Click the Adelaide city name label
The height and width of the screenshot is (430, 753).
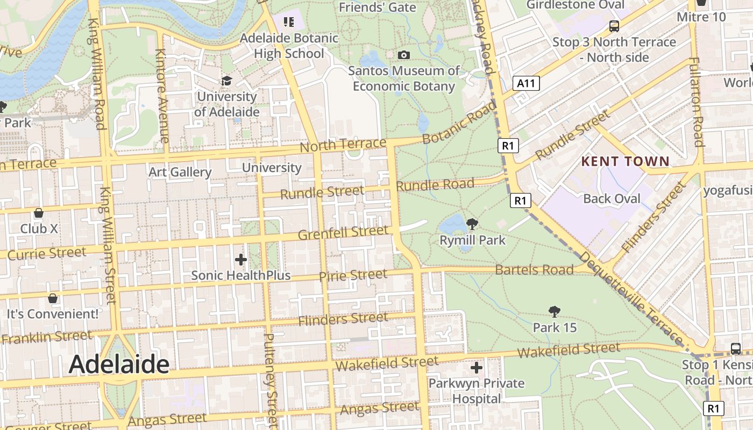[119, 364]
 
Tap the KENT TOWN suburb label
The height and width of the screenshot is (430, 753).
[626, 161]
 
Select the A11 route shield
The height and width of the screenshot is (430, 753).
[526, 83]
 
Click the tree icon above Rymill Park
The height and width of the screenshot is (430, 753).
[472, 224]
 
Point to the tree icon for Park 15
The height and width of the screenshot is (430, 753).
[555, 312]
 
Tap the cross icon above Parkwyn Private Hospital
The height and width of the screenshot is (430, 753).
[476, 368]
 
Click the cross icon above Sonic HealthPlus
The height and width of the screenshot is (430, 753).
[241, 260]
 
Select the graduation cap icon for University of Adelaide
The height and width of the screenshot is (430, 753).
[226, 81]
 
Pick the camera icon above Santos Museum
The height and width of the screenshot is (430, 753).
[403, 55]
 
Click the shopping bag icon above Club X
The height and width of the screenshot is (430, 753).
[39, 213]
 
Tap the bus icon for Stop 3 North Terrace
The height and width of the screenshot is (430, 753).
[614, 26]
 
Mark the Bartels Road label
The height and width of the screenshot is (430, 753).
[534, 269]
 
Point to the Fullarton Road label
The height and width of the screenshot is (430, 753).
[697, 102]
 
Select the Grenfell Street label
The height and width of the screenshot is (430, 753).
[343, 233]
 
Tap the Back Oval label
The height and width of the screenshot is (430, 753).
[612, 199]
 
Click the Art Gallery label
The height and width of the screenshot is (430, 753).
[180, 172]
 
